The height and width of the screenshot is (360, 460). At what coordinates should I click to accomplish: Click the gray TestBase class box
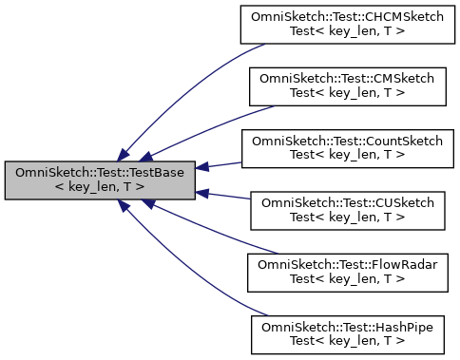pyautogui.click(x=102, y=180)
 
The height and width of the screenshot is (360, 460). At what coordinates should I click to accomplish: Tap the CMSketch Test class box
pyautogui.click(x=347, y=87)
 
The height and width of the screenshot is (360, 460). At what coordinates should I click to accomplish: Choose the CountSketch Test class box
pyautogui.click(x=347, y=148)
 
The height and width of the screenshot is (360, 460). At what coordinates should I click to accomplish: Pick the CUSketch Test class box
pyautogui.click(x=347, y=209)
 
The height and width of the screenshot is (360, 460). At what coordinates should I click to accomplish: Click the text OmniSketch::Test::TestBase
pyautogui.click(x=102, y=173)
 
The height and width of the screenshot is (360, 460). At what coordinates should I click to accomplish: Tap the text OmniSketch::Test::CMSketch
pyautogui.click(x=347, y=81)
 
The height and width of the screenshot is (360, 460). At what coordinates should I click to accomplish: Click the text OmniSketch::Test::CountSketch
pyautogui.click(x=347, y=142)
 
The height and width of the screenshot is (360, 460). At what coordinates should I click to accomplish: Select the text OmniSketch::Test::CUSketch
pyautogui.click(x=347, y=202)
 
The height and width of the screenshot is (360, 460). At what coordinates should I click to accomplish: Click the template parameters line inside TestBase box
pyautogui.click(x=102, y=187)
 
